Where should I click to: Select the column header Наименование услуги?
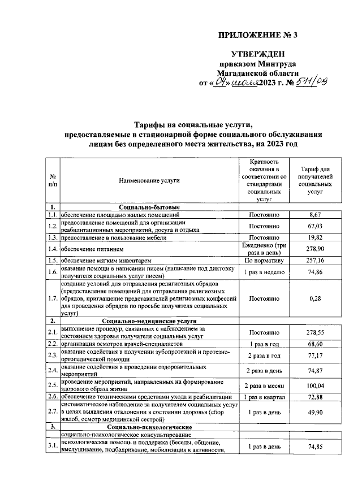pos(149,180)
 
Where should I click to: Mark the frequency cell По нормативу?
pos(265,260)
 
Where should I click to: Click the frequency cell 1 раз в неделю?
pos(265,272)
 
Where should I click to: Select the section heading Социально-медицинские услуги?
pos(149,320)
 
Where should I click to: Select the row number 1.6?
pos(52,272)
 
